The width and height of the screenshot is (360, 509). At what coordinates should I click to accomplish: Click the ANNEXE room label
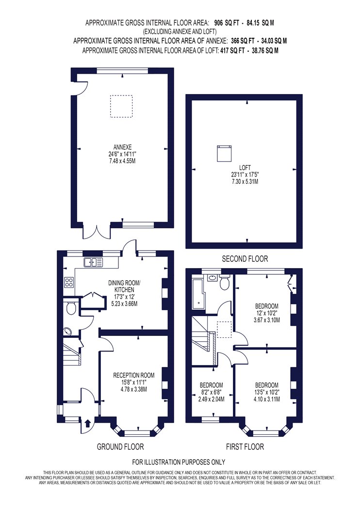(122, 147)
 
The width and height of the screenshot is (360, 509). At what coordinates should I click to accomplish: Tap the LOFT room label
(245, 168)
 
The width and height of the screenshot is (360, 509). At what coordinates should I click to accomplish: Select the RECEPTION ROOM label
(133, 375)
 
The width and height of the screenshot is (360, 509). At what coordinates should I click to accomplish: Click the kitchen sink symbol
(93, 262)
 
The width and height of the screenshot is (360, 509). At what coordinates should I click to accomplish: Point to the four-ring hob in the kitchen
(69, 282)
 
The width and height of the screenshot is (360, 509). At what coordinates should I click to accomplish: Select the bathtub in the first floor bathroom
(198, 294)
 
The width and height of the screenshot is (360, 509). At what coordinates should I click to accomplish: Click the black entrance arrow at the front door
(87, 423)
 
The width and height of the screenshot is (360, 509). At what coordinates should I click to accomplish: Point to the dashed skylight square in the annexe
(121, 106)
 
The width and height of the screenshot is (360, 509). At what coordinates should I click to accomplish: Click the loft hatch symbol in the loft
(224, 154)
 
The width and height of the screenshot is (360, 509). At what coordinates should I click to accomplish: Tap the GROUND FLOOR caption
(120, 447)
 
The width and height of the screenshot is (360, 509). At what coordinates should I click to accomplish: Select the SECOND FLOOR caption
(245, 259)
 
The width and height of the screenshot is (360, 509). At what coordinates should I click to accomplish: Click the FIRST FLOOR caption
(245, 447)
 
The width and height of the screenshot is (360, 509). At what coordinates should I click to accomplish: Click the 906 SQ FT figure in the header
(227, 23)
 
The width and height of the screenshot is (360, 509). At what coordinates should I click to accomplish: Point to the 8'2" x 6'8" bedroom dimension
(211, 392)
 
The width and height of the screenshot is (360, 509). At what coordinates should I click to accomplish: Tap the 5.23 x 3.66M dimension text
(124, 304)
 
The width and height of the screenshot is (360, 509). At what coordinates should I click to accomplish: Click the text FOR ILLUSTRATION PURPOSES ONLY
(179, 462)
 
